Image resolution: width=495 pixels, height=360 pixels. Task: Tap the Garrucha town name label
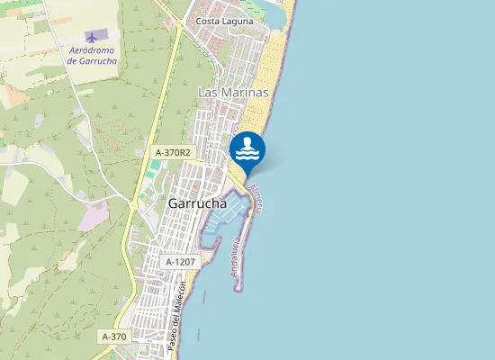(197, 204)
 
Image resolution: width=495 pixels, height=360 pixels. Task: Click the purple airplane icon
(90, 37)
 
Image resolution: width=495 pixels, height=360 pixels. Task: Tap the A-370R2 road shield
(173, 153)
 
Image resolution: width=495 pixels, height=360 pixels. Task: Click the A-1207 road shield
(181, 262)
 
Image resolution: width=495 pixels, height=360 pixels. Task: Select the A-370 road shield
(115, 337)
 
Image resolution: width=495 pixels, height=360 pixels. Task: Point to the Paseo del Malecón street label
(176, 316)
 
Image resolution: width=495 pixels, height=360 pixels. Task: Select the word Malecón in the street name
(180, 298)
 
